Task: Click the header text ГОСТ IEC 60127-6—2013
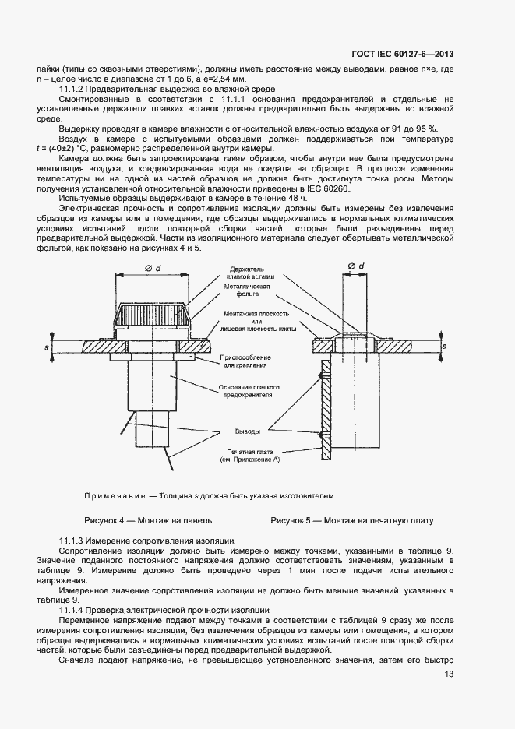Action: pos(404,54)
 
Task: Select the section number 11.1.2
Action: pos(73,90)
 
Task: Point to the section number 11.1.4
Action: pos(73,609)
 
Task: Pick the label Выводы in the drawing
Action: pos(249,431)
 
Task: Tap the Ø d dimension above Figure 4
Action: pos(152,269)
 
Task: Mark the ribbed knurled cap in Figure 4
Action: pos(152,315)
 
